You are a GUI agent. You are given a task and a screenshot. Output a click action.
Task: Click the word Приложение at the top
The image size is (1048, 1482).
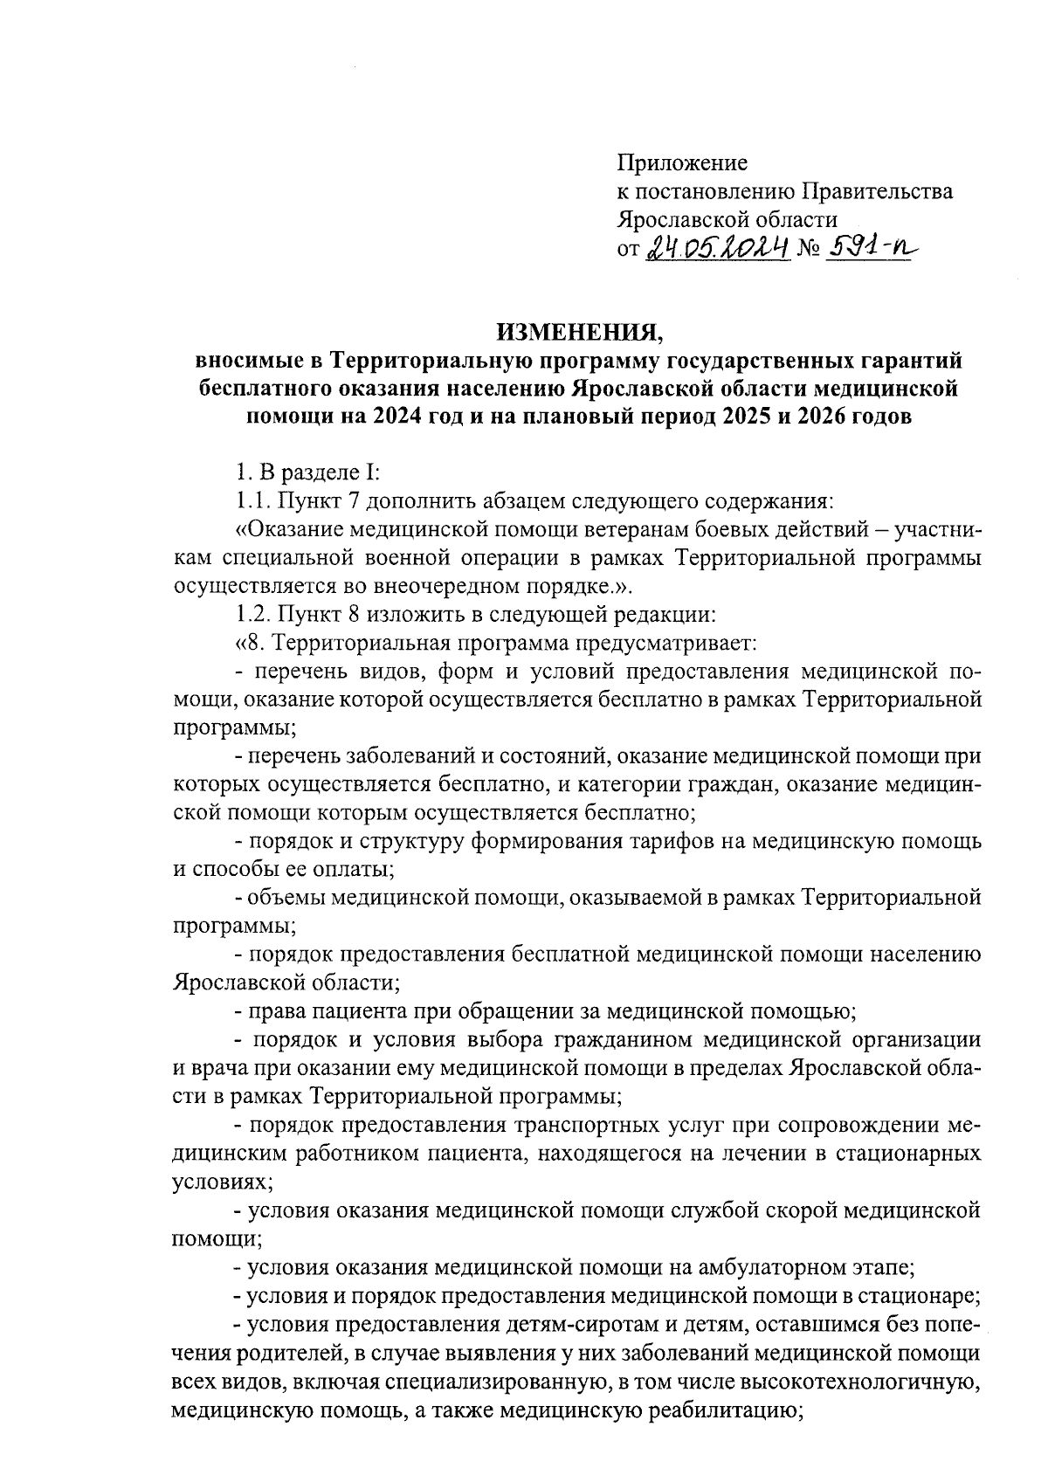[x=682, y=163]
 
